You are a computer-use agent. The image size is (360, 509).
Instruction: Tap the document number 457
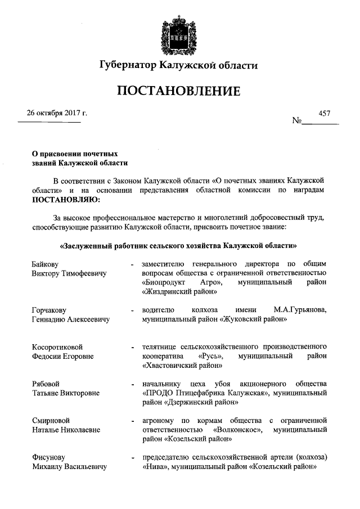coord(325,113)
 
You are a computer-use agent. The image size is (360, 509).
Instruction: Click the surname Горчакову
coord(49,310)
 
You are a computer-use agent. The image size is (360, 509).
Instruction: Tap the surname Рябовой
coord(46,384)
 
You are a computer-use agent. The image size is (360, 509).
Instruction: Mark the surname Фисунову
coord(49,457)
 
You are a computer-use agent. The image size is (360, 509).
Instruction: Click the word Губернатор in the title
coord(127,65)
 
